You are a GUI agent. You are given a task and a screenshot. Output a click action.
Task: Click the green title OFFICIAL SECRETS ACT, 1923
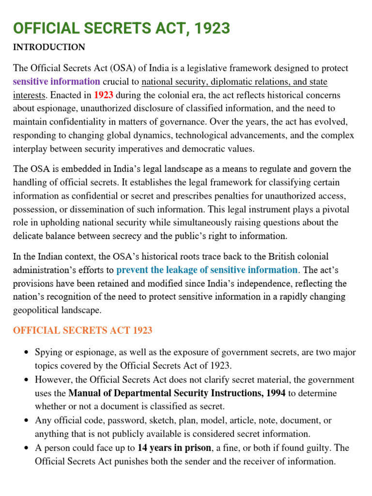(121, 29)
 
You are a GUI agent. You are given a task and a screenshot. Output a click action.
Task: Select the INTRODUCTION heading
(49, 47)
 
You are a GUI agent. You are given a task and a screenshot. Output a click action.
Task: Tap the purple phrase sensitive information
(57, 81)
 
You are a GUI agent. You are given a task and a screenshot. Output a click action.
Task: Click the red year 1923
(104, 95)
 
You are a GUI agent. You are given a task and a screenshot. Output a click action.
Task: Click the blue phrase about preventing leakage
(207, 270)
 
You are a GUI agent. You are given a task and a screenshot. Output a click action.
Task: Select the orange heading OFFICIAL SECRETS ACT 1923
(82, 331)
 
